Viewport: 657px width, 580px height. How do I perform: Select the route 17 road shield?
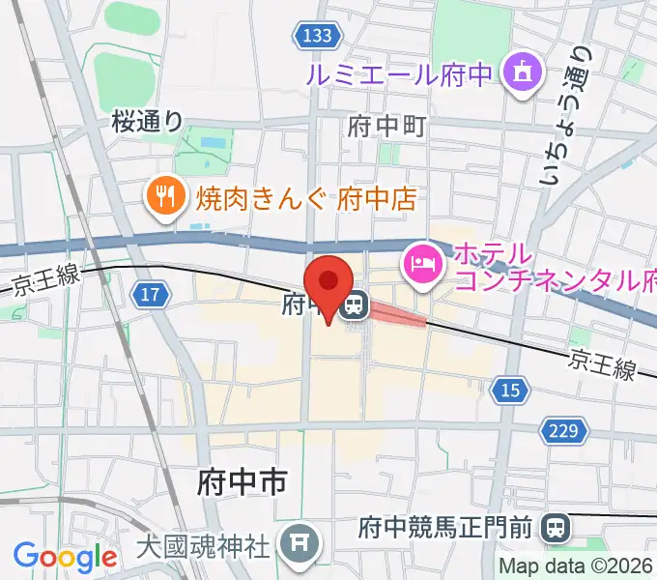click(x=150, y=296)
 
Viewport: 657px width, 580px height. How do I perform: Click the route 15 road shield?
click(x=509, y=390)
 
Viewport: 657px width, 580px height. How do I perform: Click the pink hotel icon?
click(x=424, y=260)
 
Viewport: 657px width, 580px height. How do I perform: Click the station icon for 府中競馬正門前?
click(x=556, y=527)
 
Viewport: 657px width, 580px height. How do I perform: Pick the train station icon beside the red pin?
click(x=354, y=306)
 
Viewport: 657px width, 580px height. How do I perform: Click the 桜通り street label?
click(x=147, y=121)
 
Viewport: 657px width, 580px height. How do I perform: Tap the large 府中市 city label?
click(x=242, y=480)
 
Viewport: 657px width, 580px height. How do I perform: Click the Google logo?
click(x=65, y=557)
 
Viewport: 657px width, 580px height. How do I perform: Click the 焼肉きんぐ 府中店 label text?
click(x=305, y=199)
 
